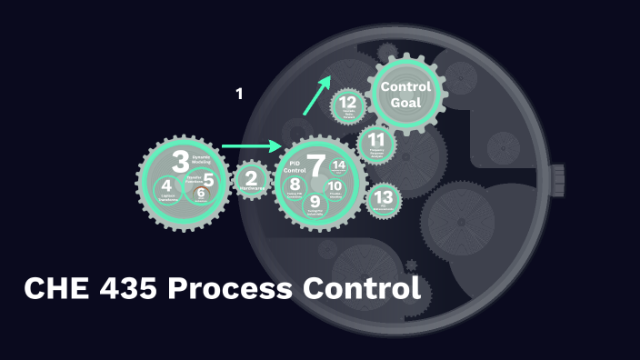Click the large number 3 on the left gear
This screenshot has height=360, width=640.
point(181,161)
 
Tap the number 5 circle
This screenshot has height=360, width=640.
point(208,180)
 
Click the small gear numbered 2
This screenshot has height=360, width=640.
point(252,180)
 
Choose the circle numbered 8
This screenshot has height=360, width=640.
point(295,186)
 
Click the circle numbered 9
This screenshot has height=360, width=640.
point(315,203)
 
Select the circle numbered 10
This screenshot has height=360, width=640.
point(335,188)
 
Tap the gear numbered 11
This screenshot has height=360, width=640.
point(375,144)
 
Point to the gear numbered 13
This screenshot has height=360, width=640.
point(384,198)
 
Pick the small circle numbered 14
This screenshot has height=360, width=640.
point(339,165)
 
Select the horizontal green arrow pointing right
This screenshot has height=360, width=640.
point(252,145)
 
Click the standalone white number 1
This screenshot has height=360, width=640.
point(239,93)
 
